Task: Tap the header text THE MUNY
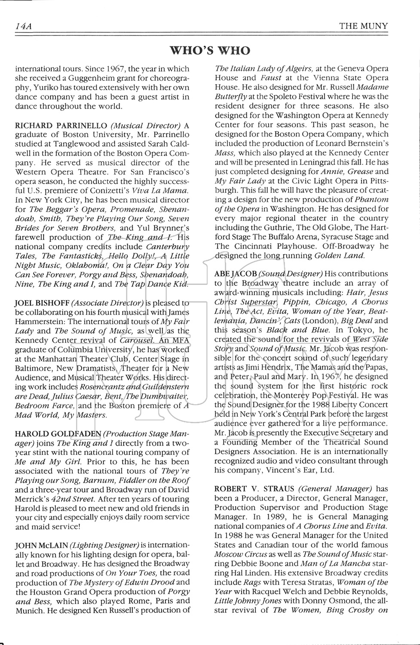pos(363,26)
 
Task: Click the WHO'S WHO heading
pos(210,51)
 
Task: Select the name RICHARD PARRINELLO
pos(61,126)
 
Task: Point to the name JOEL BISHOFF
pos(42,303)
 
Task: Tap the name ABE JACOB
pos(235,273)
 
